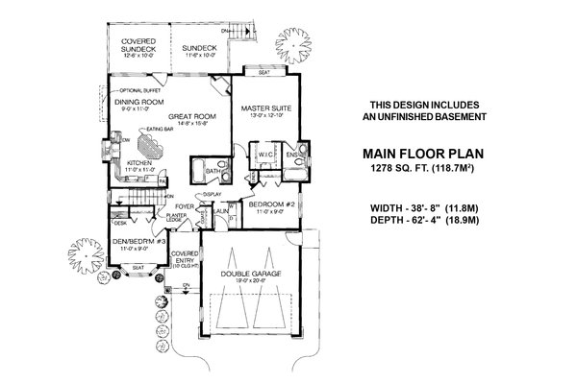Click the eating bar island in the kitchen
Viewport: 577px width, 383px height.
click(x=152, y=146)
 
